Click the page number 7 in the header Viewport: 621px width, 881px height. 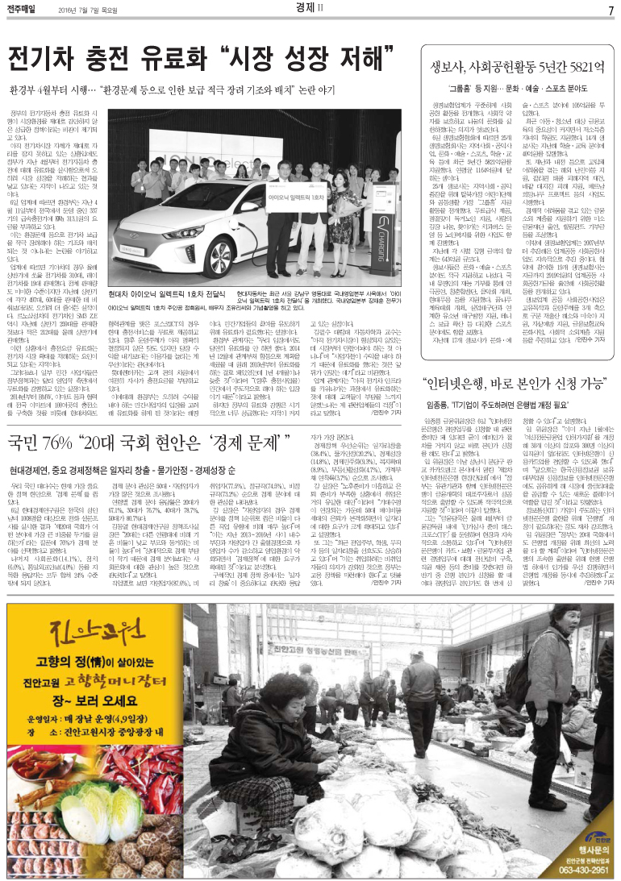(x=611, y=10)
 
